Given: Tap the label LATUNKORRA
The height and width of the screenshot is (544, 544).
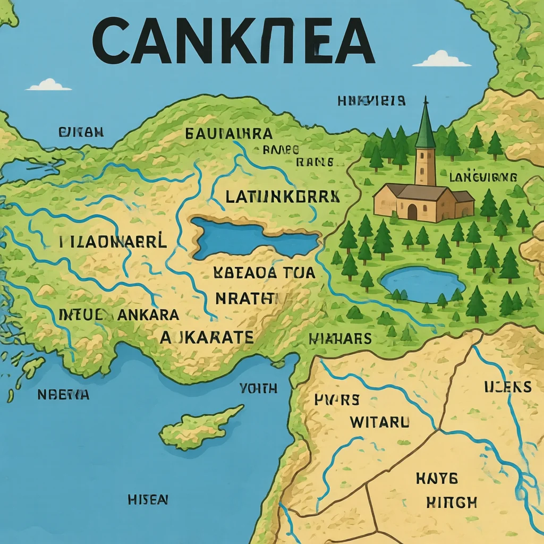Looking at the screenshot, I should tap(282, 197).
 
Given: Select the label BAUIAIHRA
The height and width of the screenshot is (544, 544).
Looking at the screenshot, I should tap(228, 133).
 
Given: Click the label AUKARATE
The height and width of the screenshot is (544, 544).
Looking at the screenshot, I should tap(207, 336).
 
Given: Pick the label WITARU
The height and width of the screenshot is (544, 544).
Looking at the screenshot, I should tap(380, 422).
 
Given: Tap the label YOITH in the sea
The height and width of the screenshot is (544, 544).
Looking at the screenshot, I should tap(259, 388).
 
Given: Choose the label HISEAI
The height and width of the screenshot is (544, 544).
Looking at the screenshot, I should tap(148, 499).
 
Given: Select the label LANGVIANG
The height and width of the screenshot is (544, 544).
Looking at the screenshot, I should tap(483, 177).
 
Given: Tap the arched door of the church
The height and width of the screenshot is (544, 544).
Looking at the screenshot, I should tap(413, 211).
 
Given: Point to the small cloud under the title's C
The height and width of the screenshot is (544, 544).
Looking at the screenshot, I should tap(49, 85).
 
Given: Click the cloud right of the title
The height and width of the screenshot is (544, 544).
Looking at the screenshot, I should tap(441, 59).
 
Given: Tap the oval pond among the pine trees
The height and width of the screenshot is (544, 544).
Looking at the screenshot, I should tap(422, 284).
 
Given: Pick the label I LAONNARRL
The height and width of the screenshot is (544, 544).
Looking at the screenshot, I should tap(113, 243).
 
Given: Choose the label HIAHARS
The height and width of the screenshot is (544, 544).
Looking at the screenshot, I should tap(340, 338).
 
